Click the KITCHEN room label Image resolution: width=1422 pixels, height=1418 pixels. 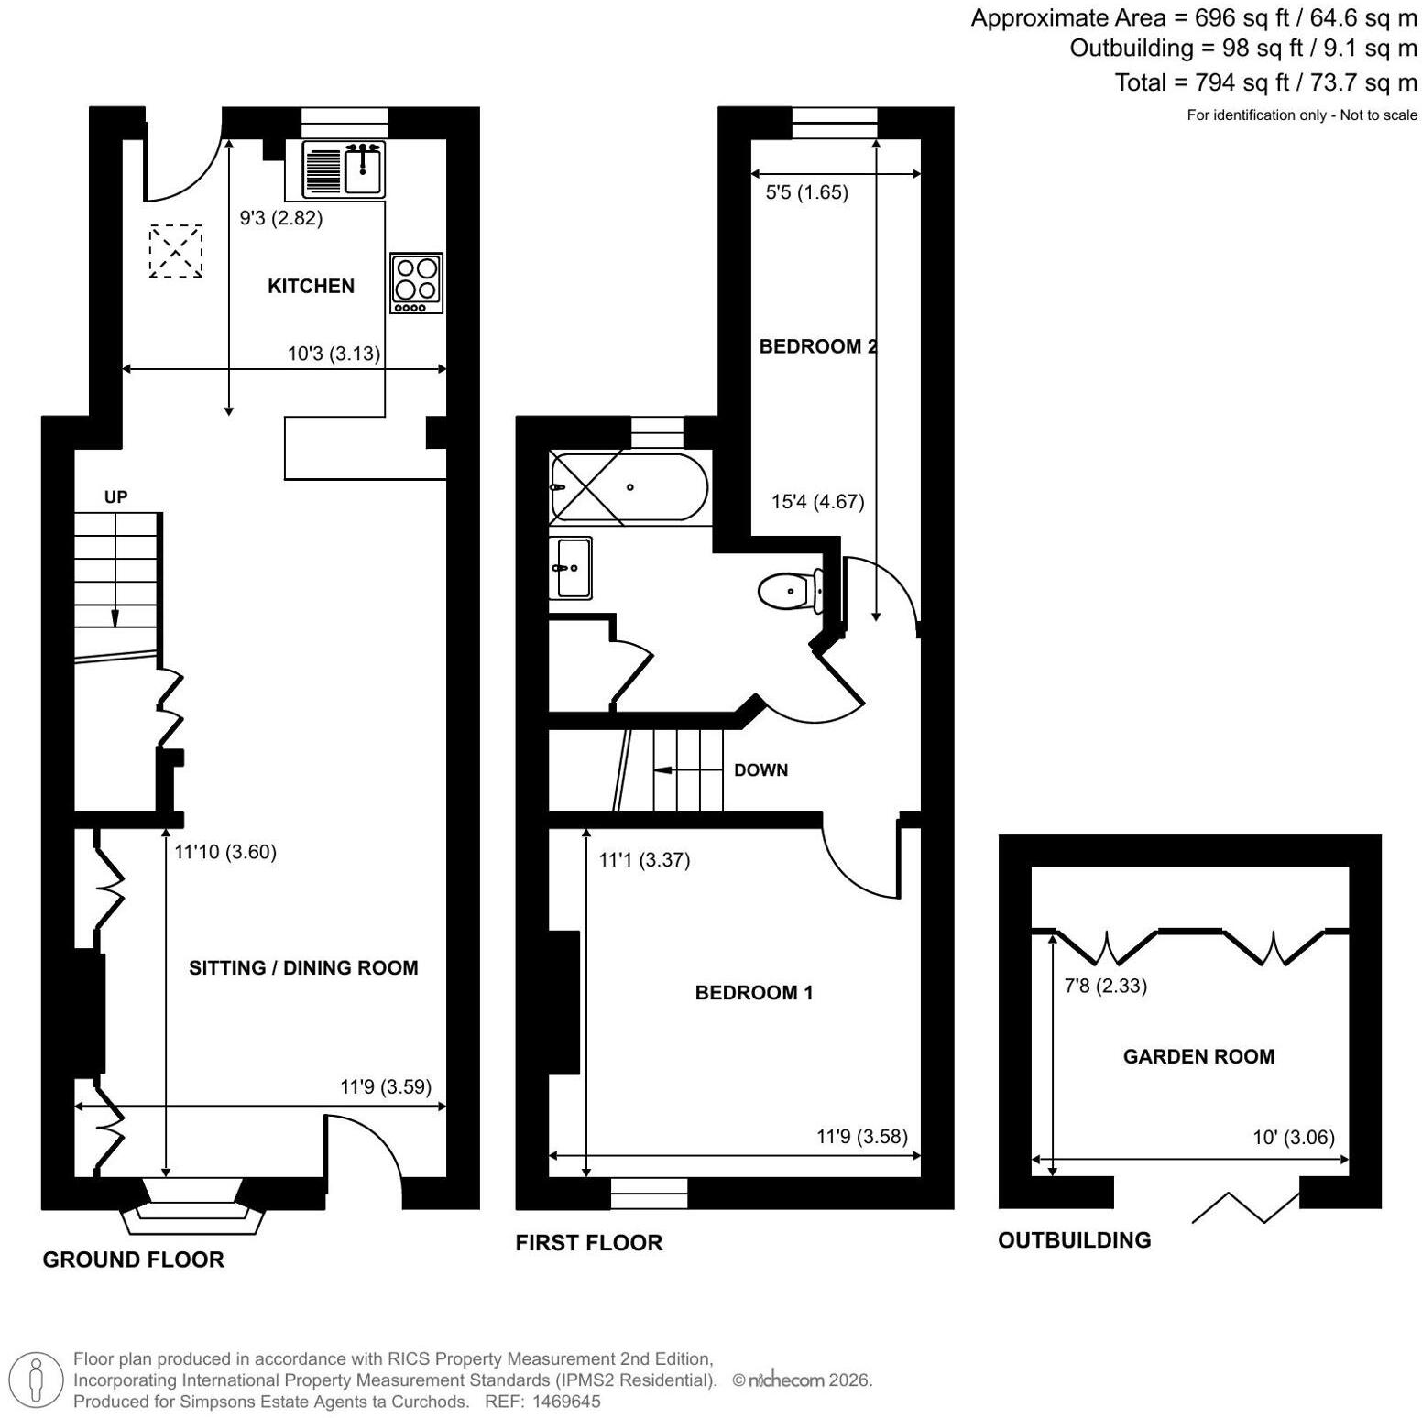pyautogui.click(x=311, y=286)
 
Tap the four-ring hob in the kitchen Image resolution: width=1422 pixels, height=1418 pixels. pyautogui.click(x=417, y=283)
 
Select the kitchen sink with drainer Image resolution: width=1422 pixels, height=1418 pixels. pyautogui.click(x=344, y=169)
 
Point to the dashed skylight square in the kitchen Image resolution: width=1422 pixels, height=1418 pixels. pyautogui.click(x=175, y=250)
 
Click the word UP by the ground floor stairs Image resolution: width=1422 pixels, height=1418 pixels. pyautogui.click(x=115, y=496)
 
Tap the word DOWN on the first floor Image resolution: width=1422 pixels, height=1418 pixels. pyautogui.click(x=760, y=769)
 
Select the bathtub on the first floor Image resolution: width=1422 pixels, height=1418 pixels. pyautogui.click(x=629, y=487)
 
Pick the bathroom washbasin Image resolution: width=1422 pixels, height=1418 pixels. pyautogui.click(x=571, y=568)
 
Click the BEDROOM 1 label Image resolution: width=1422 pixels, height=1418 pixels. pyautogui.click(x=754, y=992)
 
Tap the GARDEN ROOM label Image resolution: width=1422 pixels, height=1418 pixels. pyautogui.click(x=1198, y=1056)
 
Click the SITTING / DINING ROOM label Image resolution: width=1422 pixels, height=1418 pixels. pyautogui.click(x=303, y=967)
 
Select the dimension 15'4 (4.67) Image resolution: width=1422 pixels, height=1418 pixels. pyautogui.click(x=818, y=501)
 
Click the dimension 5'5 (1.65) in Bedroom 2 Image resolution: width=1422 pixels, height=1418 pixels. pyautogui.click(x=806, y=192)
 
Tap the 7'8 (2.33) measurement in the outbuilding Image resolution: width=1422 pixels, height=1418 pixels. pyautogui.click(x=1106, y=986)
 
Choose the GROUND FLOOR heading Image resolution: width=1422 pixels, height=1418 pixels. pyautogui.click(x=134, y=1260)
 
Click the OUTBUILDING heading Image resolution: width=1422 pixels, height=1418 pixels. pyautogui.click(x=1075, y=1239)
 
